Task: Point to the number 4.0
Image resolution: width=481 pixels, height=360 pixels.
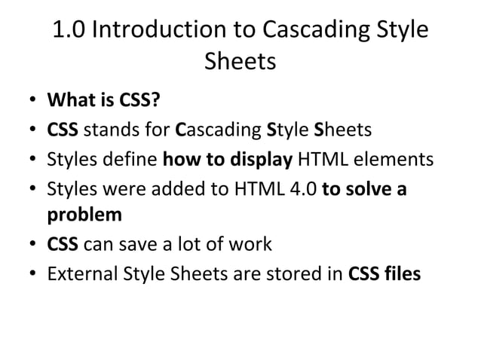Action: point(301,189)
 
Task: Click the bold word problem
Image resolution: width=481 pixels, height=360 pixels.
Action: point(84,215)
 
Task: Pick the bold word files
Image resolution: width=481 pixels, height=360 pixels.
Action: point(401,274)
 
